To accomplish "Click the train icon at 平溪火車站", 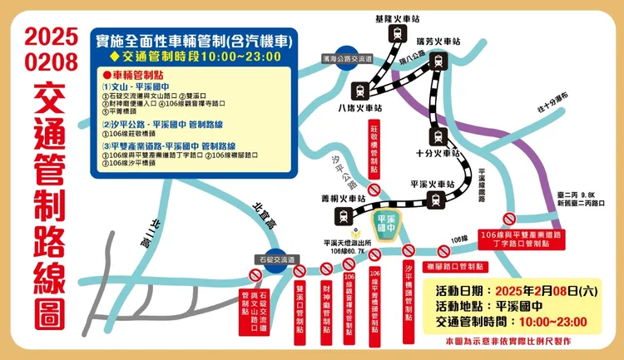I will (434, 199).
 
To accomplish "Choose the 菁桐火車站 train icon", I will (343, 215).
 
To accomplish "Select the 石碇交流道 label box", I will (275, 259).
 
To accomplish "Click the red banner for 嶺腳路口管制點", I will (454, 267).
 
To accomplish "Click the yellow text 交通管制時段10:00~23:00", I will (193, 56).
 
